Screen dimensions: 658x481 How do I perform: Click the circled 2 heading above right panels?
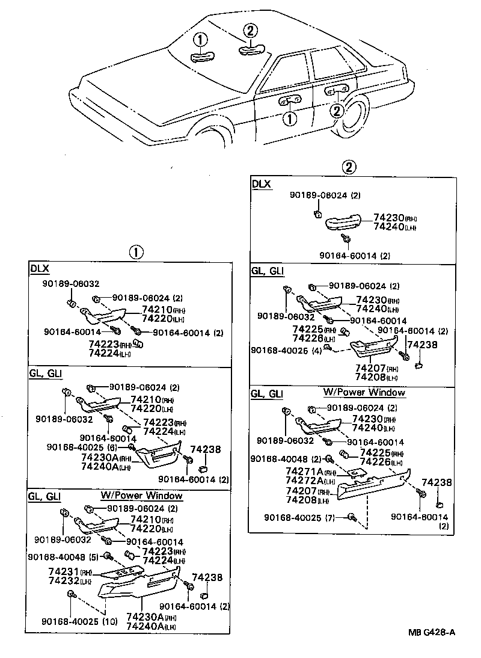coord(348,167)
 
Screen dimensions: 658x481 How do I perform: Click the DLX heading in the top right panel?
coord(261,183)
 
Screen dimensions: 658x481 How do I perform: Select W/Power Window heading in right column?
coord(364,393)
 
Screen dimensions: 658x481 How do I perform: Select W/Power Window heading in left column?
coord(141,496)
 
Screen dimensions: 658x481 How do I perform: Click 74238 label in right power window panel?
coord(433,483)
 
